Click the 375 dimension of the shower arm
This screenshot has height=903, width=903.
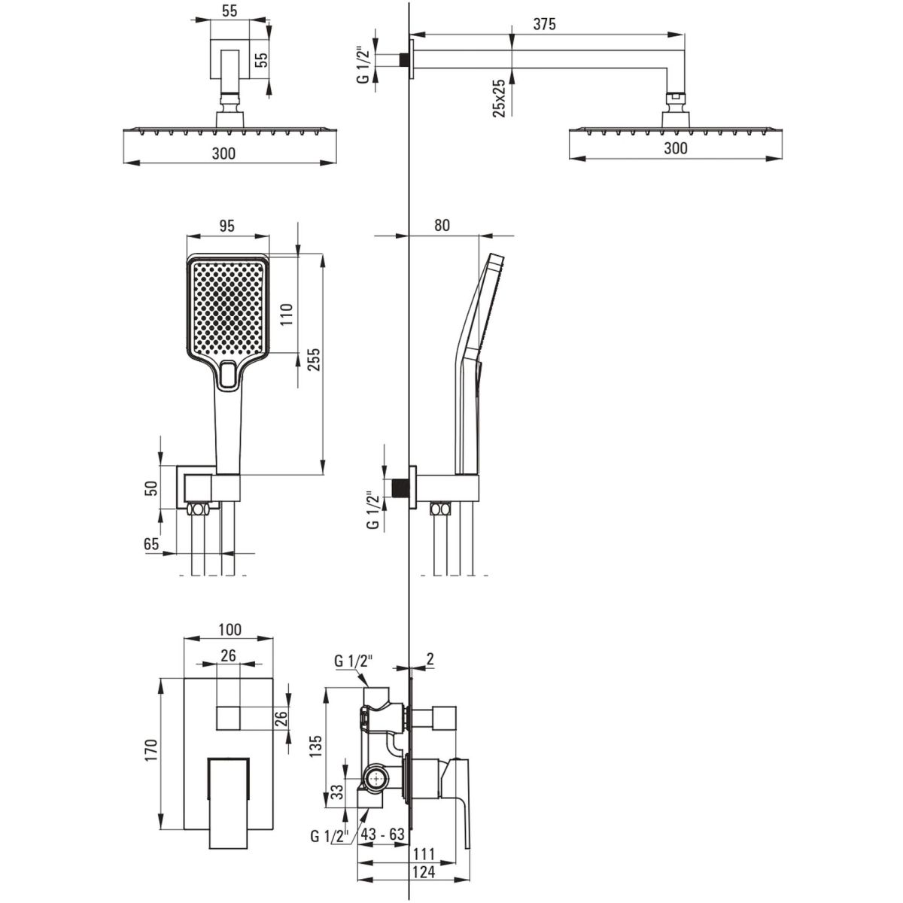point(544,24)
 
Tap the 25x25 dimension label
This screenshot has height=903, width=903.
point(500,98)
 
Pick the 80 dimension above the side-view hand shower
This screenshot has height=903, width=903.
point(442,225)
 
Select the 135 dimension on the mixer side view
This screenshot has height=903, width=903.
point(315,746)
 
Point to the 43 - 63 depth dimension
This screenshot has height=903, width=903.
point(382,834)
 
